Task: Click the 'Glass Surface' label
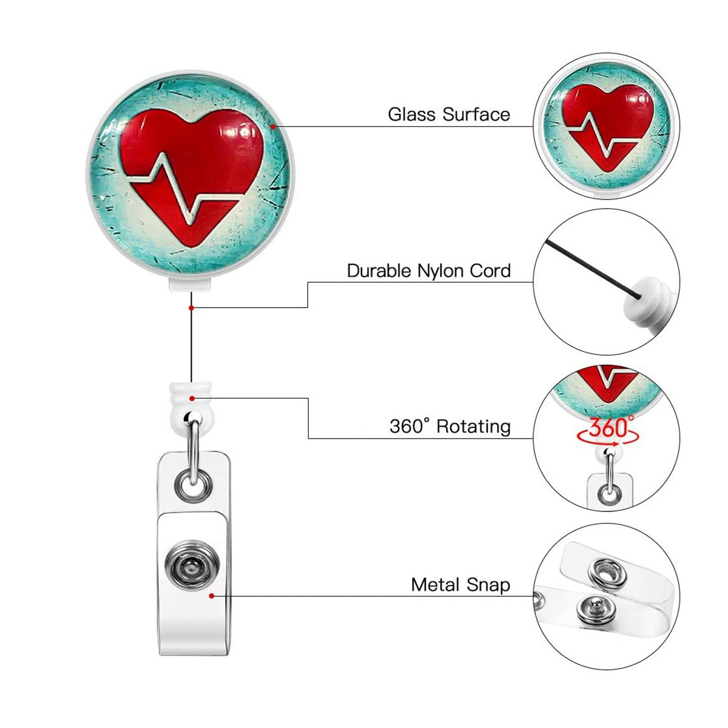[x=449, y=114]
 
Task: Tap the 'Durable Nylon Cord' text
[x=428, y=271]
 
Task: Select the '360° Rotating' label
[x=450, y=426]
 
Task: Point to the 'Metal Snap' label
[x=460, y=585]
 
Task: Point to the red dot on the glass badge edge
[x=274, y=126]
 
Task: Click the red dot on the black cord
[x=191, y=308]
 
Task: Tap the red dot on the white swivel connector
[x=192, y=399]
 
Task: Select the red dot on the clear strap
[x=211, y=596]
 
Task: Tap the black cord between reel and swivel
[x=191, y=340]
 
